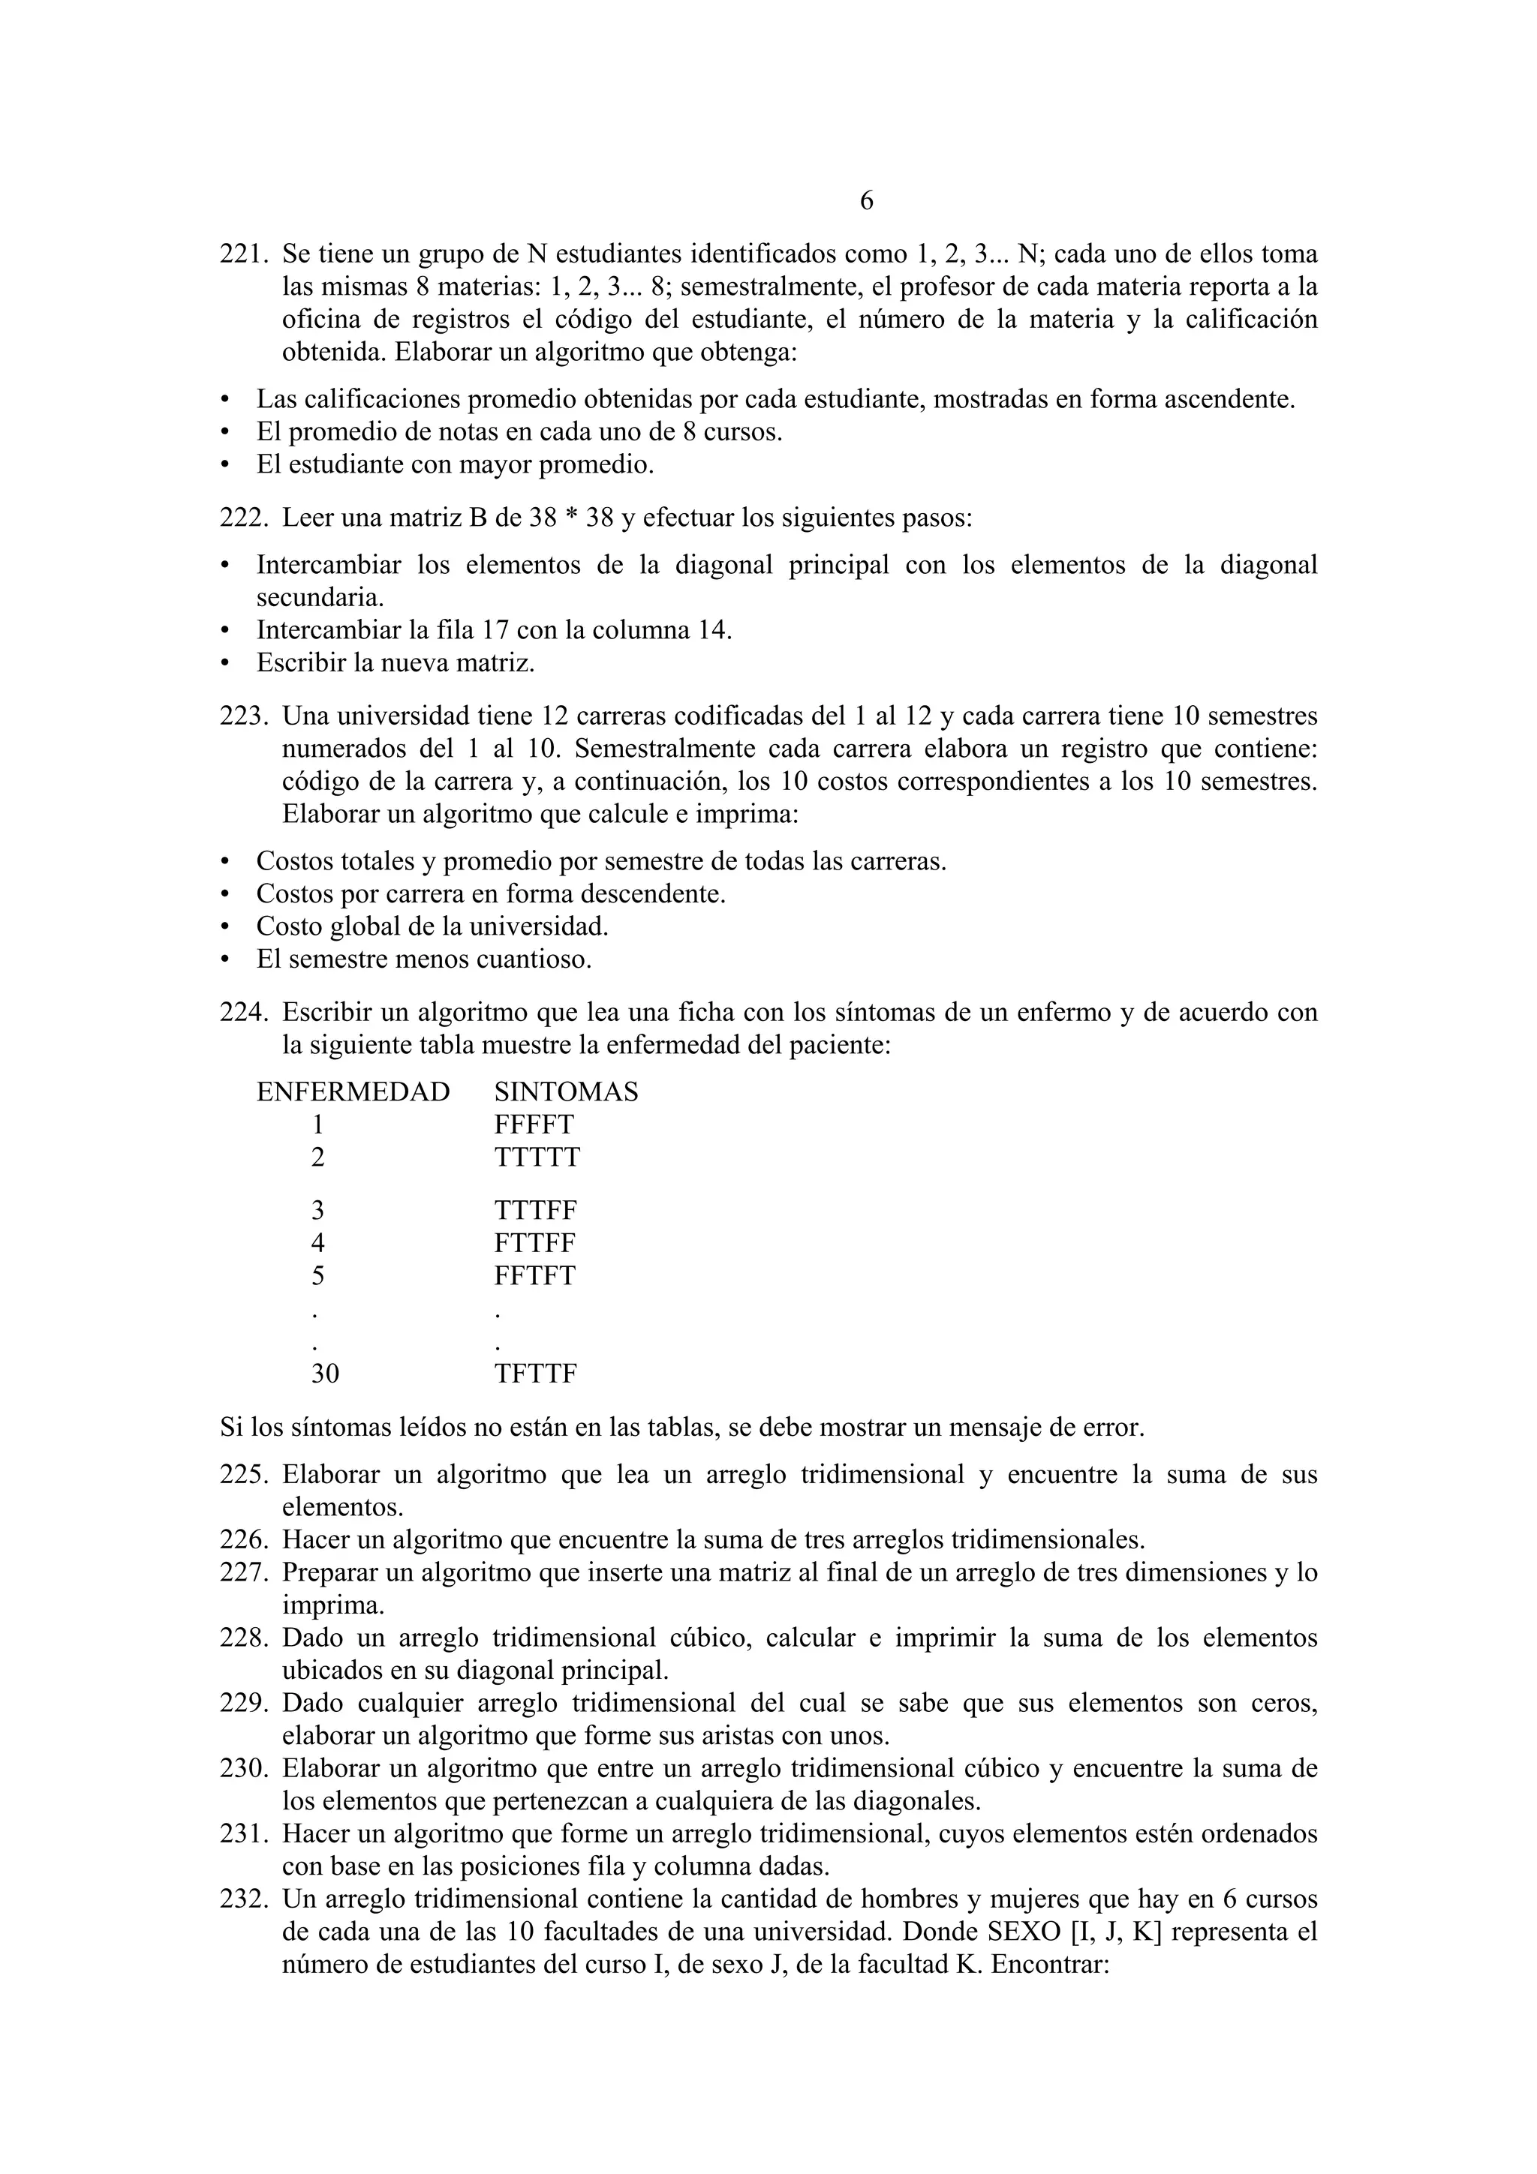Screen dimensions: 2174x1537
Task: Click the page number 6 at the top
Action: tap(865, 202)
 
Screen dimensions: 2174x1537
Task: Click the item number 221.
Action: tap(245, 255)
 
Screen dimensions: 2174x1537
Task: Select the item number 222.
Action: tap(245, 519)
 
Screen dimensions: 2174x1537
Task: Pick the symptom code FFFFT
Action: tap(534, 1125)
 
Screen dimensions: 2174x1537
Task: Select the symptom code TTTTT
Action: tap(537, 1157)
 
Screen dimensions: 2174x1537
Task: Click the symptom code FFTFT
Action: tap(534, 1275)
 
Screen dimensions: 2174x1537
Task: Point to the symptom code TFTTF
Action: tap(535, 1374)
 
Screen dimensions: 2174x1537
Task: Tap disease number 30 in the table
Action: tap(325, 1374)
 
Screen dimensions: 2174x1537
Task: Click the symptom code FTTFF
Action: tap(534, 1243)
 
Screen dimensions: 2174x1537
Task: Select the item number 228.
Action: tap(245, 1638)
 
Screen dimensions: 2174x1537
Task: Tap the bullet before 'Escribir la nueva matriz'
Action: tap(225, 664)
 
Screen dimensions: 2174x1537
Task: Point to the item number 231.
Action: tap(245, 1834)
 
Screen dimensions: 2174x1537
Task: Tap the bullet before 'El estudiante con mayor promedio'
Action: tap(225, 466)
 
